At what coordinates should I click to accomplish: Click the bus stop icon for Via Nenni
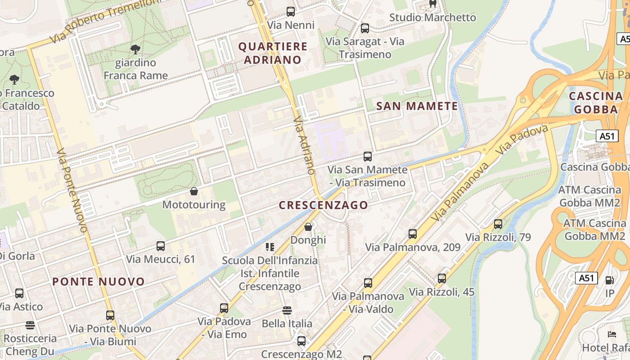coord(291,12)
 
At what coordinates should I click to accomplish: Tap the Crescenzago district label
coord(323,205)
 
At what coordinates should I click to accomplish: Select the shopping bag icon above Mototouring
coord(194,192)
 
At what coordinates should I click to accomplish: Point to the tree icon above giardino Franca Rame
coord(135,49)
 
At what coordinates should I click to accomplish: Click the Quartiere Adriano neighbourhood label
coord(273,53)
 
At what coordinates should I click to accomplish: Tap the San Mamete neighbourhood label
coord(417,106)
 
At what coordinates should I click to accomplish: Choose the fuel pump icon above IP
coord(609,280)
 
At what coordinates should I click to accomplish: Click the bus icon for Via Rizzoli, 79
coord(498,224)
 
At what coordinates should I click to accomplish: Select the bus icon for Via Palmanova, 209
coord(412,234)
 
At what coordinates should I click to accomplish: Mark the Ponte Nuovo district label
coord(99,282)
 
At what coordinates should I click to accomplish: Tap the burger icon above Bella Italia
coord(287,310)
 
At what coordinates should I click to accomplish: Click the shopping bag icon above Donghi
coord(308,227)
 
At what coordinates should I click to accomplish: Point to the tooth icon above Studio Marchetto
coord(432,4)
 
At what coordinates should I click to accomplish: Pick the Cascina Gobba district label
coord(596,103)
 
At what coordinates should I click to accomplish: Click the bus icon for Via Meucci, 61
coord(161,246)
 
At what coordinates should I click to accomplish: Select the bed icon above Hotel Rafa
coord(612,334)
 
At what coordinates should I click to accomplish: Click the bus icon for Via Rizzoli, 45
coord(441,279)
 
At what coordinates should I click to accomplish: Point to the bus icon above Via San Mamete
coord(368,157)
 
